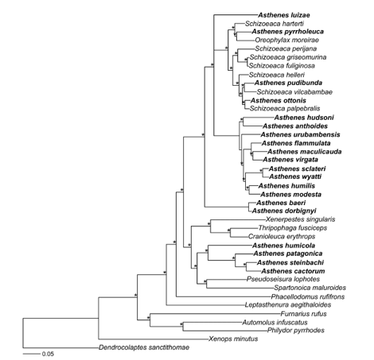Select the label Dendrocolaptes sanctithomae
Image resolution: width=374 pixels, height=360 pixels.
144,347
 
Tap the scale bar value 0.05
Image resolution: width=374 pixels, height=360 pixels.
48,354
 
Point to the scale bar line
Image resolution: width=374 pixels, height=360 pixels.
31,354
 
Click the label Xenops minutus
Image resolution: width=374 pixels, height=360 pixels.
233,339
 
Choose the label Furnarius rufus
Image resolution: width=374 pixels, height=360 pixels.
304,314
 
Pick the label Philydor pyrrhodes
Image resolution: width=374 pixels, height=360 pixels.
296,331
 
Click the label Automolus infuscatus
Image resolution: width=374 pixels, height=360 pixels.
275,322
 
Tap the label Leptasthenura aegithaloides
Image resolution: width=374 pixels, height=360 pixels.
288,305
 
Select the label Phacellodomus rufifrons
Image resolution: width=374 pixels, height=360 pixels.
308,296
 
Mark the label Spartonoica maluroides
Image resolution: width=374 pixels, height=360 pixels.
310,288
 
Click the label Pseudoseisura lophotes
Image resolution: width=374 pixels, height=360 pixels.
283,279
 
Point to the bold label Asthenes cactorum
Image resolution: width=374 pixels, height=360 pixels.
293,271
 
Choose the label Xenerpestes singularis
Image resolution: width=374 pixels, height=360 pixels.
301,219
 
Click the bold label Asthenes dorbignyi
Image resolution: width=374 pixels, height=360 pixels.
284,211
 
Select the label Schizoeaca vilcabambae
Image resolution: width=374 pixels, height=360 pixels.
294,92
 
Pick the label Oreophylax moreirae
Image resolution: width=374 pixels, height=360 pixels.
287,40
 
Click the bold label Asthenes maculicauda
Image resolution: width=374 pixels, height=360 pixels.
305,152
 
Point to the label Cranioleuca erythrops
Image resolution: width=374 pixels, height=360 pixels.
282,236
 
